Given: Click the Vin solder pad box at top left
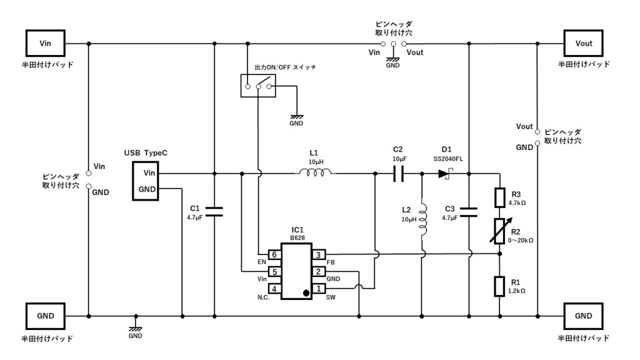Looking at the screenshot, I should coord(46,43).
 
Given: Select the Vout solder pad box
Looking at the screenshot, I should coord(584,43).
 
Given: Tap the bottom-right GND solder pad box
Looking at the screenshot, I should coord(584,316).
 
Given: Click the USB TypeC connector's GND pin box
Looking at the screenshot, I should coord(147,189).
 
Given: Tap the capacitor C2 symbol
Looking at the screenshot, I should coord(399,174).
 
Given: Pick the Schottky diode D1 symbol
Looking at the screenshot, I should coord(445,174).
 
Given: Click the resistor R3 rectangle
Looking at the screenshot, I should coord(500,197).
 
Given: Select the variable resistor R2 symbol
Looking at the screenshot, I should coord(500,231).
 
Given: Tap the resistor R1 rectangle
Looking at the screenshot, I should coord(500,286).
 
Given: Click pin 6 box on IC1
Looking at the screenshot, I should coord(274,254).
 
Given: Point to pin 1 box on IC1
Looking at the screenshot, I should coord(319,289).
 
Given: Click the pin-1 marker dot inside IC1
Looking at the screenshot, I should coord(306,292).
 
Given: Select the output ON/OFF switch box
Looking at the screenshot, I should coord(258,86).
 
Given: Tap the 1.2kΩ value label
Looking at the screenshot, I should coord(516,291).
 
